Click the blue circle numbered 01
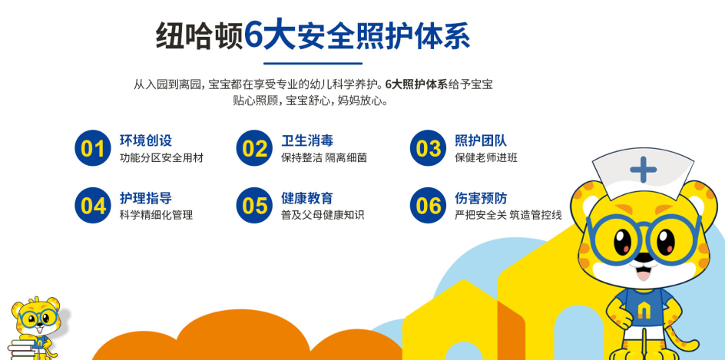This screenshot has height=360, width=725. coord(93,148)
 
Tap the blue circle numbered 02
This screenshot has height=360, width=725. coord(255,148)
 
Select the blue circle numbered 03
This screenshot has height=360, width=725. coord(428,148)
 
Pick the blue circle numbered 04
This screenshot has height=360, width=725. coord(93,205)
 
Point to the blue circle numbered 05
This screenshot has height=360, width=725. coord(255,205)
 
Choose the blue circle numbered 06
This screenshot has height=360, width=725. coord(428,205)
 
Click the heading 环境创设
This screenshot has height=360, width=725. coord(146,140)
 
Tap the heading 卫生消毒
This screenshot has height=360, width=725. coord(307,140)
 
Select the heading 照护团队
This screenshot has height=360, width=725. coord(481,140)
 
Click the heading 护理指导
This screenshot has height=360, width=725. coord(146,198)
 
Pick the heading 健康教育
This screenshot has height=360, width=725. coord(307,198)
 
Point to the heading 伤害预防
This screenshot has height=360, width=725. coord(481,198)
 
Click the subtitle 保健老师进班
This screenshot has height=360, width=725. coord(486,157)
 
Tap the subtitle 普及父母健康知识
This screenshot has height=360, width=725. coord(323,215)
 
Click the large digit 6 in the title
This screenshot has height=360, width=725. coord(253,35)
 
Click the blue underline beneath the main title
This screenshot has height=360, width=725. coord(313,63)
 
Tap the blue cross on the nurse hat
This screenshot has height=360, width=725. coord(643,169)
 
